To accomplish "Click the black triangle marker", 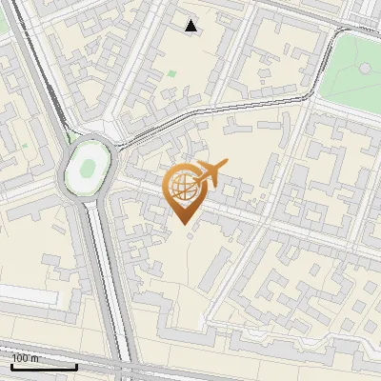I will click(x=191, y=26).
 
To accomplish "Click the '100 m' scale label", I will click(x=26, y=357).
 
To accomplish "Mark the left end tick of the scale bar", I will click(x=12, y=366).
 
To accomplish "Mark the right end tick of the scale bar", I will click(x=76, y=366).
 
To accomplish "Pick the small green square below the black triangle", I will click(x=171, y=73).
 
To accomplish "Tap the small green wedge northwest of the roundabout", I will click(x=69, y=138).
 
